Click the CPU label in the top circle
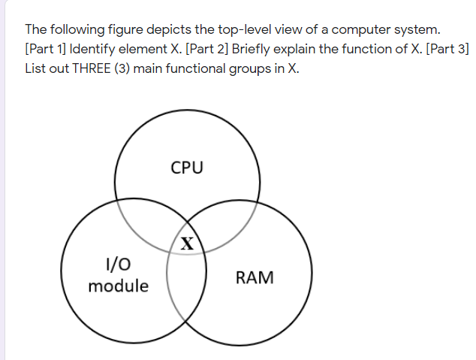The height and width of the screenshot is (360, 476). (187, 167)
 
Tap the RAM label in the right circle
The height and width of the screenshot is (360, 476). (255, 277)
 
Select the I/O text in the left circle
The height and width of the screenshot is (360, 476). (119, 264)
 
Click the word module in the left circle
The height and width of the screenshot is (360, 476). (118, 286)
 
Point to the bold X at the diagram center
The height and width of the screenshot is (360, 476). (187, 243)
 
